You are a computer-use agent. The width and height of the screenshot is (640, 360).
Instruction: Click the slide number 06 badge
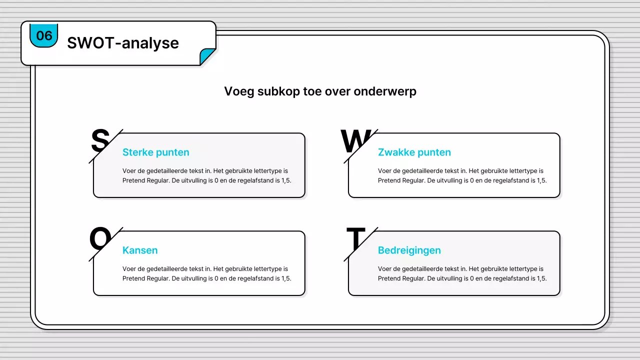coord(44,35)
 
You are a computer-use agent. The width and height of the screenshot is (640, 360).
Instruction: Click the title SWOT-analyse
coord(122,43)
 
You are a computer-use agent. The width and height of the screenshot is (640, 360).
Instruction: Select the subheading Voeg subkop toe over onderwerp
coord(320,91)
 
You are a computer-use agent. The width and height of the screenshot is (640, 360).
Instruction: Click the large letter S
coord(99,140)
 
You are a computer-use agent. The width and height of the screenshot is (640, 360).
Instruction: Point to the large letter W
coord(355,140)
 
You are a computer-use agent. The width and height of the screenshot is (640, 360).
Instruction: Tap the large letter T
coord(355,239)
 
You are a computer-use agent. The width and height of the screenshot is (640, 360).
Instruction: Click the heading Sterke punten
coord(155,152)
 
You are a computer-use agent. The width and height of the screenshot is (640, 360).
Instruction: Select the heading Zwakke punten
coord(414,152)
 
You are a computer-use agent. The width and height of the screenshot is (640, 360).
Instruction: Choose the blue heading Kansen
coord(140,250)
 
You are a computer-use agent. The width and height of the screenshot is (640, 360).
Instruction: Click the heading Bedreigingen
coord(409,250)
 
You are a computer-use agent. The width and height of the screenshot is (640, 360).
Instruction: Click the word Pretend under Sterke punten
coord(133,180)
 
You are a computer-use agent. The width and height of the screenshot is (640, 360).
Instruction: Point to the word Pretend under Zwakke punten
coord(389,180)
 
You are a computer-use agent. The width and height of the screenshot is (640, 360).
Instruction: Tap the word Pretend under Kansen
coord(133,278)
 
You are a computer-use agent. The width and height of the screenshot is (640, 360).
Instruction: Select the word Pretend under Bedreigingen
coord(389,278)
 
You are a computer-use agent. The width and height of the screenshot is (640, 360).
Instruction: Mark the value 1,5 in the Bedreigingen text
coord(541,278)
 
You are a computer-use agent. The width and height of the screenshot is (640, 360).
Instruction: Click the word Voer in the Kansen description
coord(129,269)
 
